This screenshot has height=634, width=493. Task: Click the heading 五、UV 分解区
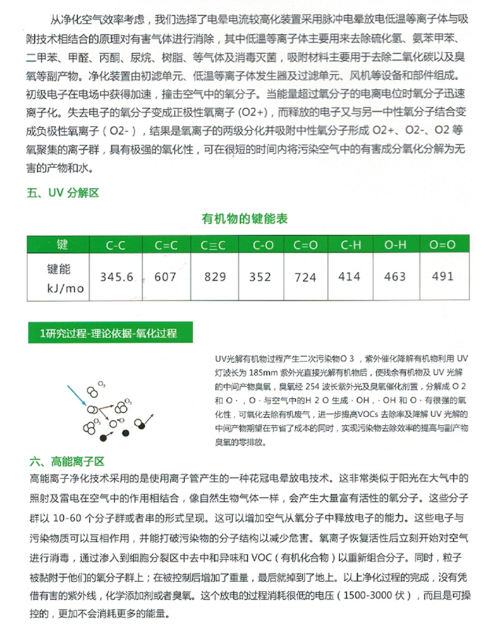point(64,193)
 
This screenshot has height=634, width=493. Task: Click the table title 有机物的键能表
point(245,219)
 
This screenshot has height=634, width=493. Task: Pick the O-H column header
point(395,245)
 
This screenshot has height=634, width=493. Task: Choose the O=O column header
point(442,245)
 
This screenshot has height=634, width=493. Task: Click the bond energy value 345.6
point(118,277)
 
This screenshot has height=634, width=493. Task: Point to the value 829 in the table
point(214,277)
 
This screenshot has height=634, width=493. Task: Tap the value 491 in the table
point(442,276)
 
